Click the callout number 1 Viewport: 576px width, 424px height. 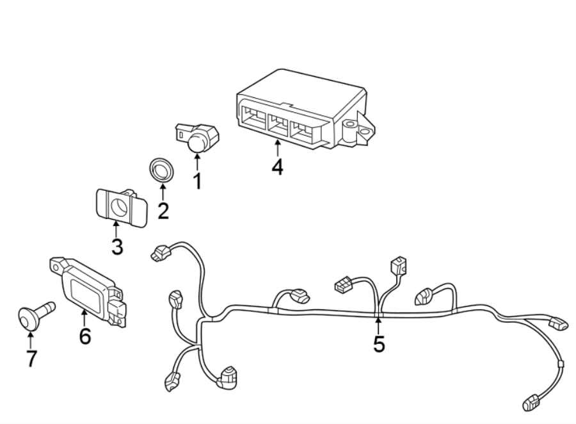[x=197, y=181]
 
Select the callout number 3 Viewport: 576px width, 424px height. [x=116, y=246]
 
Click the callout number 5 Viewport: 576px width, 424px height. [x=379, y=344]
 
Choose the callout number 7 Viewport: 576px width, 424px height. [x=30, y=358]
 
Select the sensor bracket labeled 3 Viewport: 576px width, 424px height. [x=120, y=206]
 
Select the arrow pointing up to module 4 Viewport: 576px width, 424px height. [x=277, y=147]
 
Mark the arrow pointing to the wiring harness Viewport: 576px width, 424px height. [x=378, y=324]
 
